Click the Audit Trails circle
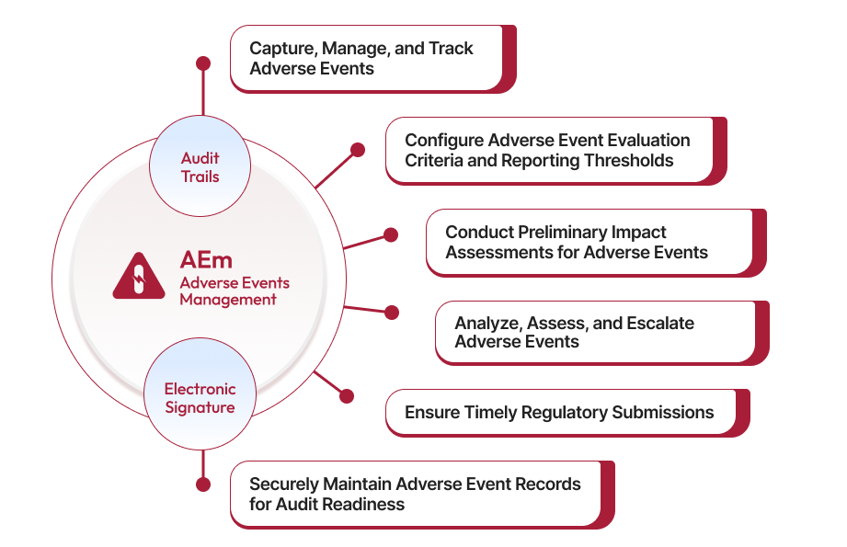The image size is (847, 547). pyautogui.click(x=200, y=166)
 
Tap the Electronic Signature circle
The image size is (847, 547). pyautogui.click(x=200, y=398)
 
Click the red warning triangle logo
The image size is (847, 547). pyautogui.click(x=139, y=276)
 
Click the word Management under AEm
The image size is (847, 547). pyautogui.click(x=228, y=299)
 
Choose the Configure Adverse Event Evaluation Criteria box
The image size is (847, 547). pyautogui.click(x=548, y=150)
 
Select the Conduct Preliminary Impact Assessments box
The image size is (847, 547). pyautogui.click(x=589, y=242)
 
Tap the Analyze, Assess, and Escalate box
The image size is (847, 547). pyautogui.click(x=594, y=332)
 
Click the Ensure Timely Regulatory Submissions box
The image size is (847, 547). pyautogui.click(x=560, y=412)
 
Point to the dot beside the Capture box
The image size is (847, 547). pyautogui.click(x=203, y=63)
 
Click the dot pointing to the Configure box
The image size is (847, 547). pyautogui.click(x=358, y=149)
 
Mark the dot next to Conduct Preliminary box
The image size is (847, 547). pyautogui.click(x=391, y=235)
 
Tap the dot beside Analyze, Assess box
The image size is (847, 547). pyautogui.click(x=391, y=313)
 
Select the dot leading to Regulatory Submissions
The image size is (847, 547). pyautogui.click(x=347, y=396)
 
